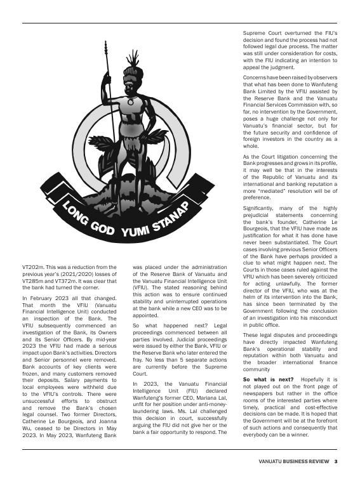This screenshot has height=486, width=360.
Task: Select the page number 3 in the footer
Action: coord(335,461)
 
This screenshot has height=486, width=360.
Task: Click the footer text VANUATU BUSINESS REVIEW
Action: coord(294,461)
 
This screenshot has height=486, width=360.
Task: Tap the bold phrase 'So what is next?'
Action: coord(262,379)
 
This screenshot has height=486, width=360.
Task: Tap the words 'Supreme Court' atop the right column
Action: coord(263,32)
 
